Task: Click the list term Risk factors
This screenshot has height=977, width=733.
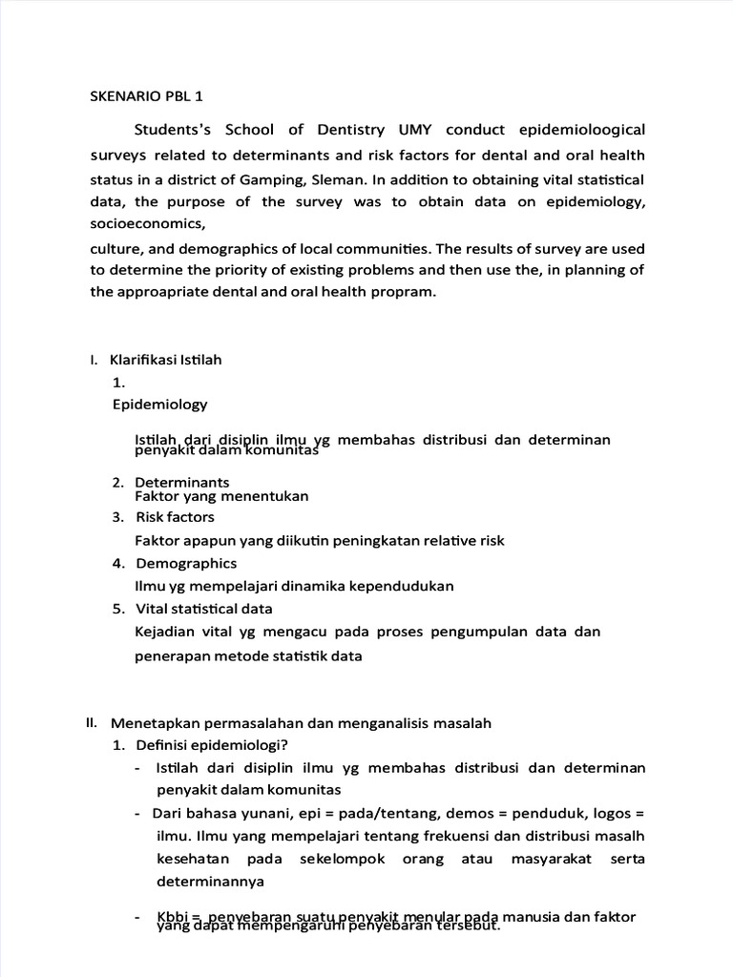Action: tap(175, 517)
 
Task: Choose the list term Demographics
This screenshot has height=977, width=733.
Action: tap(186, 563)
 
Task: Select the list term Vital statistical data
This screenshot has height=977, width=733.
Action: tap(204, 609)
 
